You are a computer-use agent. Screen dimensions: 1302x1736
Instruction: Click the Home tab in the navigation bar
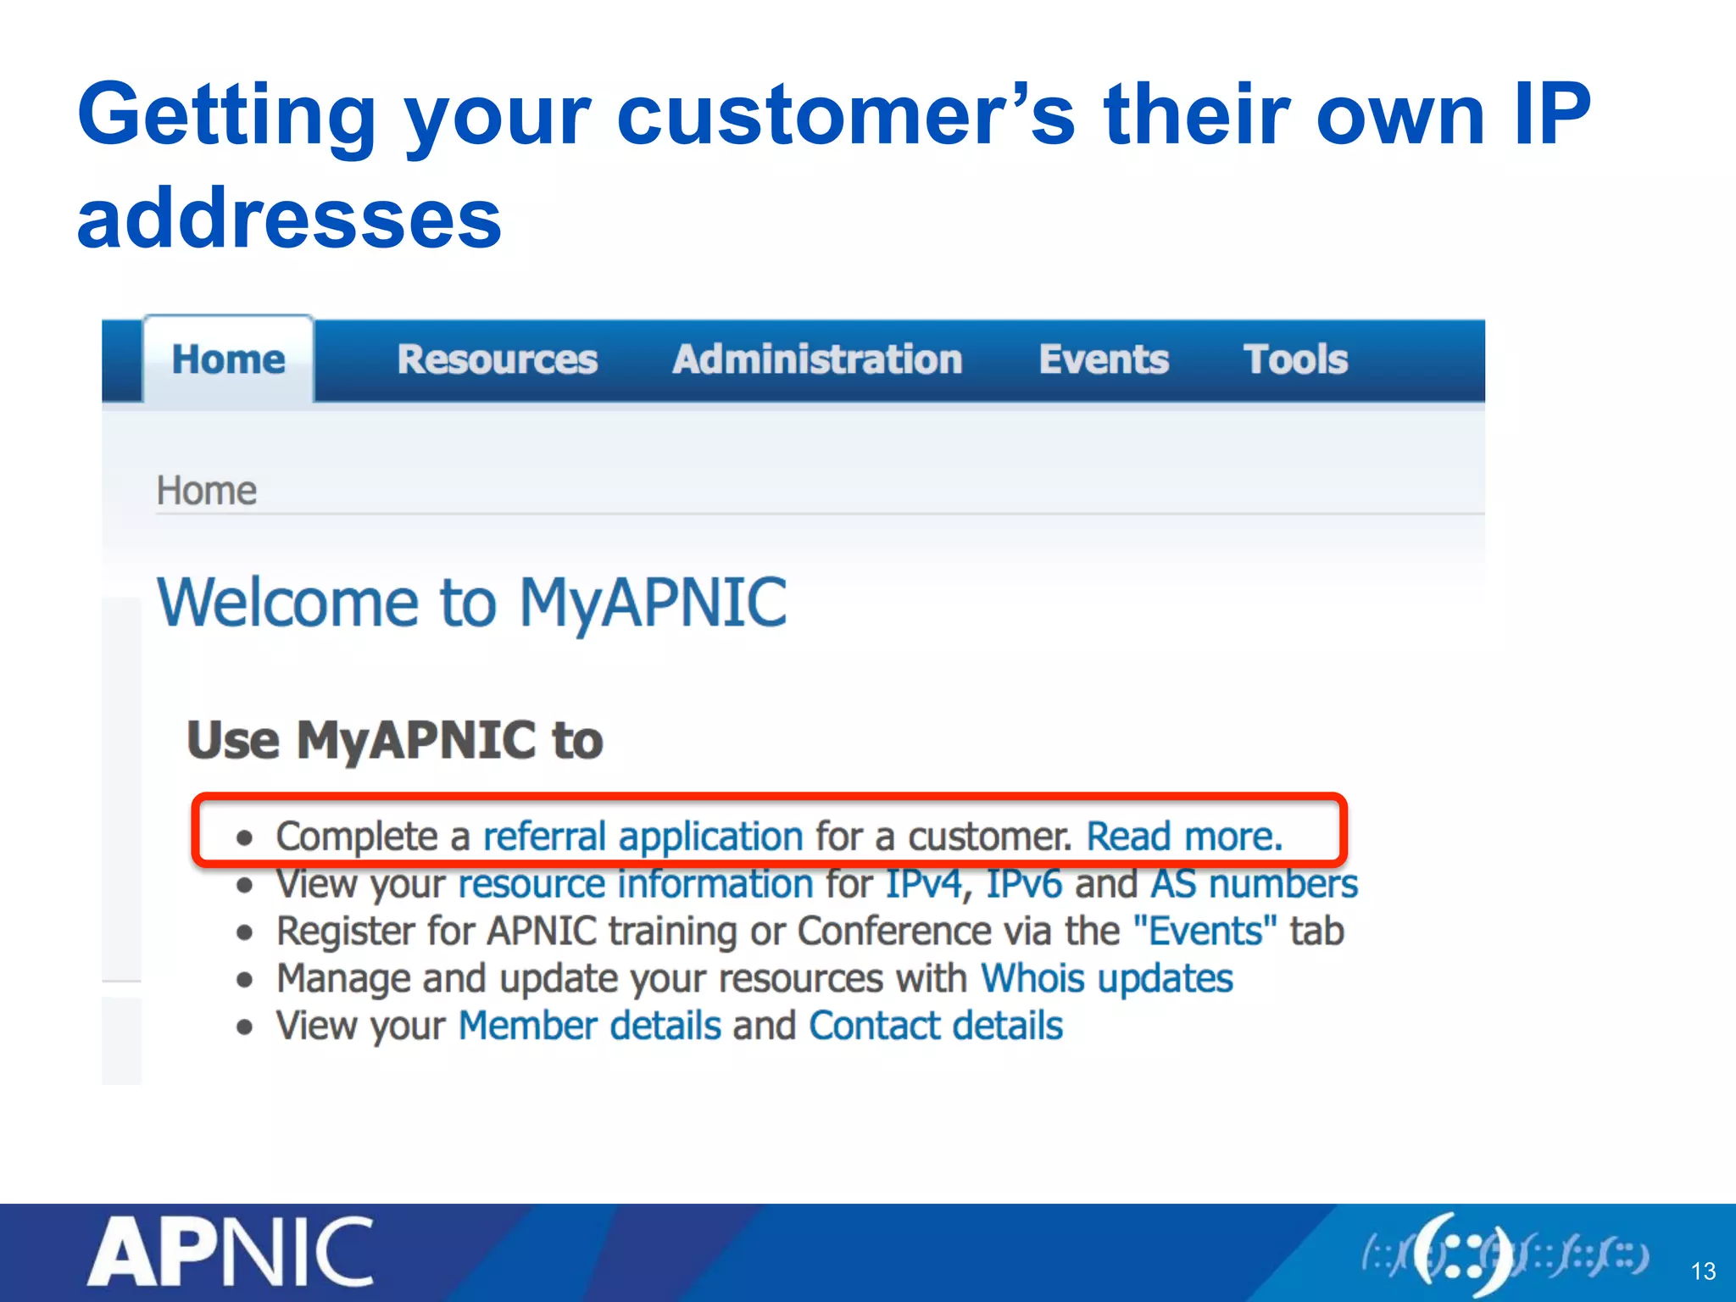pyautogui.click(x=228, y=359)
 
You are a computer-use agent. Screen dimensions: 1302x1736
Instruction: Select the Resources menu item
pyautogui.click(x=498, y=359)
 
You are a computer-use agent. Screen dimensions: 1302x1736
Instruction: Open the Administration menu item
pyautogui.click(x=817, y=359)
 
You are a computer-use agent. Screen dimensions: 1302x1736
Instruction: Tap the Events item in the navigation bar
pyautogui.click(x=1104, y=359)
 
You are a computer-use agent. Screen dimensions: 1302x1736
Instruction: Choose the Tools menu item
pyautogui.click(x=1295, y=359)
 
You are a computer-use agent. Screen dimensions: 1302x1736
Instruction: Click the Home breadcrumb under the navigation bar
pyautogui.click(x=206, y=491)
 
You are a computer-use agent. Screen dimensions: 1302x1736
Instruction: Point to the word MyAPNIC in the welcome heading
pyautogui.click(x=653, y=603)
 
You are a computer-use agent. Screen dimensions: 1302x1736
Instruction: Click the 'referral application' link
pyautogui.click(x=643, y=837)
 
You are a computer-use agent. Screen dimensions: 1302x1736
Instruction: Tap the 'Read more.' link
pyautogui.click(x=1184, y=837)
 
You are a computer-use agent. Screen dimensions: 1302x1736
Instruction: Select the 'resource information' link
pyautogui.click(x=636, y=884)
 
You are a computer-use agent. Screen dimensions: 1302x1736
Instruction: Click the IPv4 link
pyautogui.click(x=924, y=884)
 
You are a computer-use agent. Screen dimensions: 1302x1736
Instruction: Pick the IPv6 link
pyautogui.click(x=1024, y=884)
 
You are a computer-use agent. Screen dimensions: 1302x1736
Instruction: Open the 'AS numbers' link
pyautogui.click(x=1254, y=884)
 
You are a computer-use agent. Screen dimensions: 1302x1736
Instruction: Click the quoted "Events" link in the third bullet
pyautogui.click(x=1205, y=932)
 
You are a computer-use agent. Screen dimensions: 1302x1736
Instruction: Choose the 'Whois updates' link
pyautogui.click(x=1106, y=979)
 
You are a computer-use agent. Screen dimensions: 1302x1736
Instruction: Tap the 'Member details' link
pyautogui.click(x=589, y=1027)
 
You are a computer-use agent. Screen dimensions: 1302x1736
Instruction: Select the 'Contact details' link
pyautogui.click(x=935, y=1027)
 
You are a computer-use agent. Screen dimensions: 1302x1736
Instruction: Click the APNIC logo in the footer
pyautogui.click(x=231, y=1252)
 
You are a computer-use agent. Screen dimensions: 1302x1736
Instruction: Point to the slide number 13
pyautogui.click(x=1703, y=1271)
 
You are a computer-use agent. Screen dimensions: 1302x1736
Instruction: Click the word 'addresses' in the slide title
pyautogui.click(x=289, y=219)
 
